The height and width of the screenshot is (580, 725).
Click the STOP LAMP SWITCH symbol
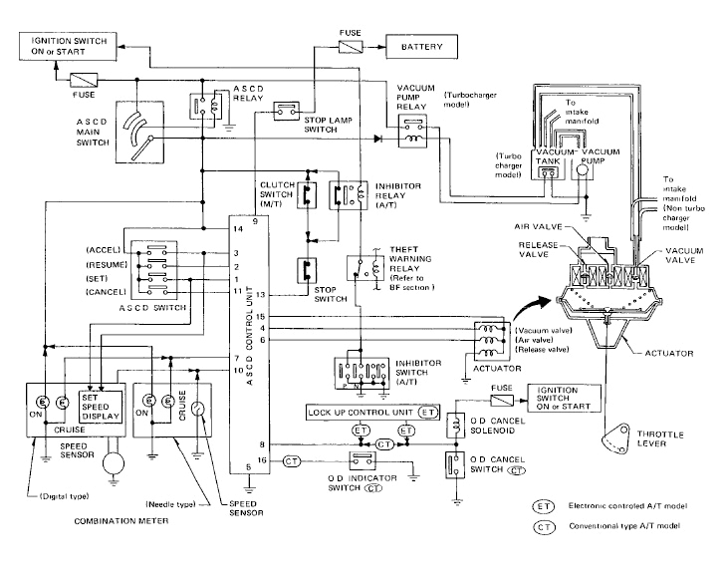(x=288, y=109)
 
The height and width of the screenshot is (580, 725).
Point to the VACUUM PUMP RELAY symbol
(x=412, y=132)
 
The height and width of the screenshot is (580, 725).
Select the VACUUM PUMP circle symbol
(x=582, y=170)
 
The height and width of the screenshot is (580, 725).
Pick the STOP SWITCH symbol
(x=308, y=270)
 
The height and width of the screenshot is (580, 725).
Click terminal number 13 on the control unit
(x=258, y=295)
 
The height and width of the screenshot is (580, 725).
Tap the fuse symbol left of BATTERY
(x=351, y=46)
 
